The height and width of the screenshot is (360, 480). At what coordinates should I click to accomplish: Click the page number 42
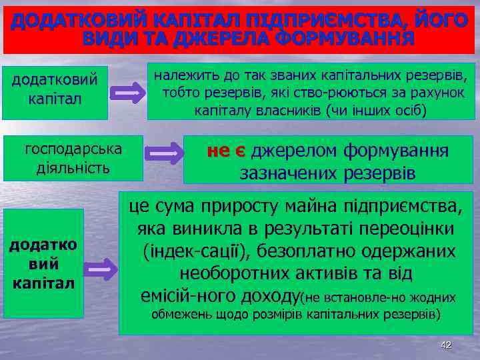(446, 345)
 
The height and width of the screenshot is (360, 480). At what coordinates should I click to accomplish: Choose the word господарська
(73, 148)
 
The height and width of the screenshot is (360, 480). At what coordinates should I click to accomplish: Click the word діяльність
(73, 167)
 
